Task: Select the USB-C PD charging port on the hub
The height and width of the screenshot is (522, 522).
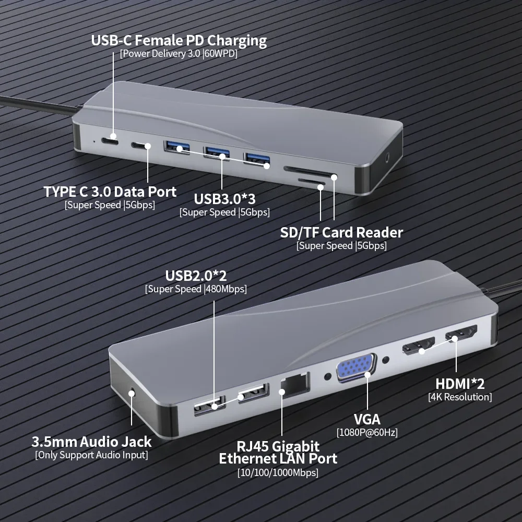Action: (x=110, y=141)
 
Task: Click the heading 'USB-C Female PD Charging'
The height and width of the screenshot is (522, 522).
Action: (x=179, y=40)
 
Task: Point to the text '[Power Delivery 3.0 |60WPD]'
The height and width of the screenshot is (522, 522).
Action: (x=179, y=54)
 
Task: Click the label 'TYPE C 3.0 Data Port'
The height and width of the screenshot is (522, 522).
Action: (x=110, y=191)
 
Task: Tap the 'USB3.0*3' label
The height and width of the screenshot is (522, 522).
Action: (x=224, y=198)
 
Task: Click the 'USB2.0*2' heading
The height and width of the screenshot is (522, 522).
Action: (x=196, y=275)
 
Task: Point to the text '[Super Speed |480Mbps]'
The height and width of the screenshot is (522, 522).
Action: (x=196, y=289)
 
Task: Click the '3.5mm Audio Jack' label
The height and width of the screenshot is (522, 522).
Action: (x=91, y=442)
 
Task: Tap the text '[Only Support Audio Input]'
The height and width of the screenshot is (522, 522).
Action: (x=91, y=455)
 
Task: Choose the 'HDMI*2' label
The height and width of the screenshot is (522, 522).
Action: (x=460, y=384)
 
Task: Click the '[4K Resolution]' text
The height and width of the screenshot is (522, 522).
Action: (x=460, y=397)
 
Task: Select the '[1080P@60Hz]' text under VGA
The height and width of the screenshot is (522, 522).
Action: (x=367, y=432)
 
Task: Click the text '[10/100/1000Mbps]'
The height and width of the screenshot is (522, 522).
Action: (x=278, y=473)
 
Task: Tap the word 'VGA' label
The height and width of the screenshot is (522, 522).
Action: (x=367, y=419)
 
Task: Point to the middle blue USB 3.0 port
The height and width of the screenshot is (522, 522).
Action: (x=216, y=152)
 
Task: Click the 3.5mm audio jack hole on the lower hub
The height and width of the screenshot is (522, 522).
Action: (x=132, y=391)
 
